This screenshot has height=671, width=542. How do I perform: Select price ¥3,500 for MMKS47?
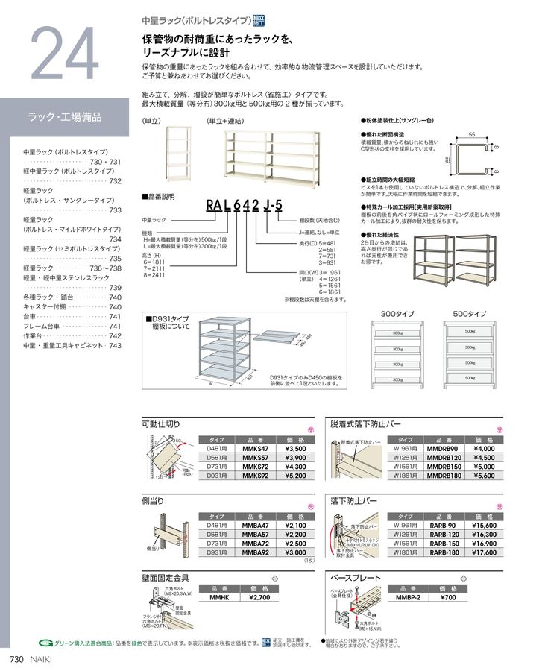(296, 450)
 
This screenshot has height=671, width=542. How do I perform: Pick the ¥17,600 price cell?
(485, 552)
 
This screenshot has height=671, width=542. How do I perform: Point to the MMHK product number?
(218, 598)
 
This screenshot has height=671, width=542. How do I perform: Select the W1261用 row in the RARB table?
(409, 535)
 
